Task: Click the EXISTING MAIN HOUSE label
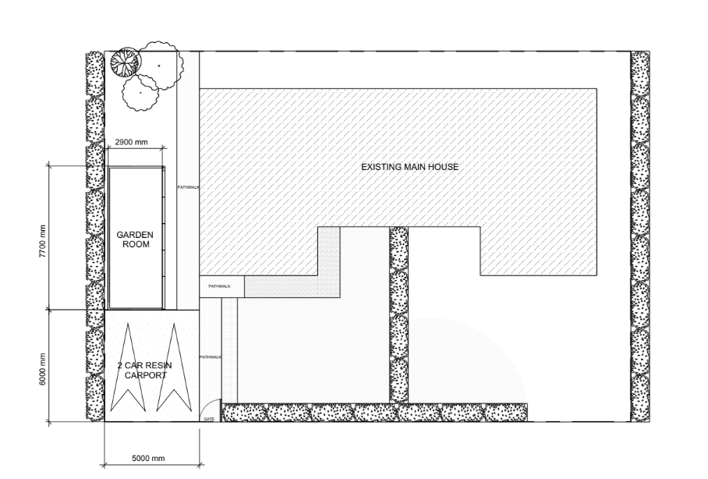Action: pos(409,167)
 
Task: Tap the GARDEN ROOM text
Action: pos(135,239)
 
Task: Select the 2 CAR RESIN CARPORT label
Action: pos(145,370)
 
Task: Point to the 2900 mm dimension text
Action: pos(131,142)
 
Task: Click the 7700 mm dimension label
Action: pos(43,241)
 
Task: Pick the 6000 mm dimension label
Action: pos(43,369)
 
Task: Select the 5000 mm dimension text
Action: pos(148,458)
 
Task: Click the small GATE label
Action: pos(209,419)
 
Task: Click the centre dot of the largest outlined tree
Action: pos(158,66)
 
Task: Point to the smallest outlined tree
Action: pos(140,93)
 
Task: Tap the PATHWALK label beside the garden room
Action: pos(188,187)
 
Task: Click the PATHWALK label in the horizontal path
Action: pos(219,286)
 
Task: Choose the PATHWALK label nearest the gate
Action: pos(211,357)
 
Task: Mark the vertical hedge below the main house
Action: pos(398,314)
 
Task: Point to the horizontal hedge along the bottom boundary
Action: pos(375,413)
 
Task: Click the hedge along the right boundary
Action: pos(640,236)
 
